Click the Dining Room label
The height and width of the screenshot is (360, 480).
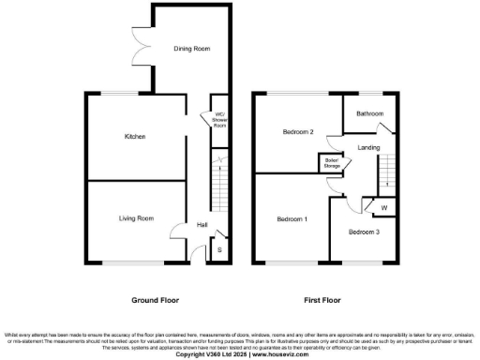point(190,48)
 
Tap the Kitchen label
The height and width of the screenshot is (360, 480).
point(135,137)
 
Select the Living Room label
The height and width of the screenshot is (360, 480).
point(135,218)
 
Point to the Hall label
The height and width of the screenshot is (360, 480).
point(202,225)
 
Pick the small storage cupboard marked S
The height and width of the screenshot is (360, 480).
point(219,249)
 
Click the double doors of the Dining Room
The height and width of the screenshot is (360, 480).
point(141,47)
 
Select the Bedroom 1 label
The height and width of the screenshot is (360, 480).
point(291,219)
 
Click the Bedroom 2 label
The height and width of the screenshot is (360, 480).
point(297,132)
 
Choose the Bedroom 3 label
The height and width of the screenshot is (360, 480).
point(364,231)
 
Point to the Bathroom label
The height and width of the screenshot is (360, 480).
point(369,113)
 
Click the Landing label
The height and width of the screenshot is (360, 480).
point(368,147)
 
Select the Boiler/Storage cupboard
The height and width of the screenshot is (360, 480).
point(331,163)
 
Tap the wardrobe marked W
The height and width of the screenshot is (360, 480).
point(383,208)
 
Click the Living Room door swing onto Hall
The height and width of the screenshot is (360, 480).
point(179,232)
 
